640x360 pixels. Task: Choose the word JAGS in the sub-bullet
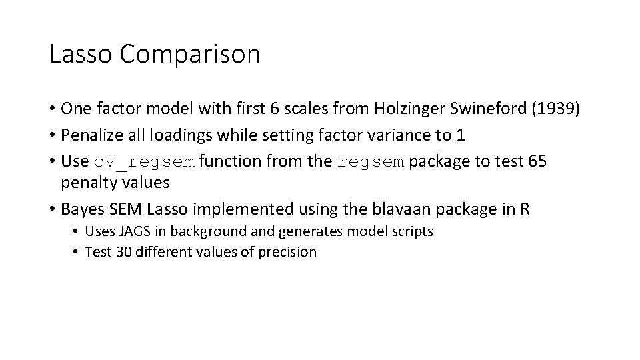[134, 232]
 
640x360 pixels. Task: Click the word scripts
[411, 232]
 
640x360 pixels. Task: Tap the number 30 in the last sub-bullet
[118, 252]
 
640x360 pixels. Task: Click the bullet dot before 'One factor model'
[52, 108]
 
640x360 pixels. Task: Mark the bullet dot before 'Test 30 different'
[77, 252]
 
